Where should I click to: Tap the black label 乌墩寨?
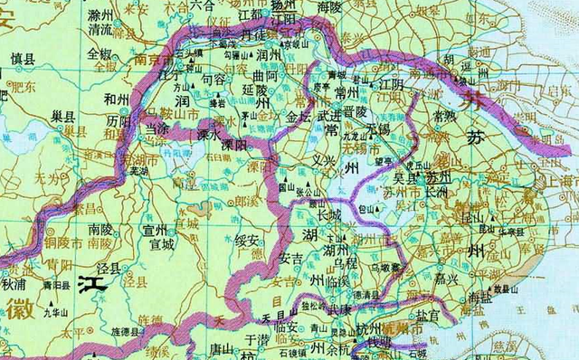[x=385, y=268]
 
